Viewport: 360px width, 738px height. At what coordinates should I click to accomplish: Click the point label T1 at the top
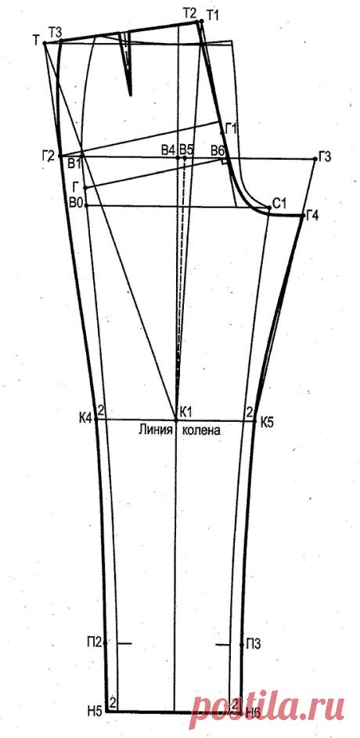213,15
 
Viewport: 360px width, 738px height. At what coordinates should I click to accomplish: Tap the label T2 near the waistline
189,13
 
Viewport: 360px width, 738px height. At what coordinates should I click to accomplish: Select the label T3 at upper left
55,32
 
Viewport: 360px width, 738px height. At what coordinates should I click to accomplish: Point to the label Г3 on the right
326,157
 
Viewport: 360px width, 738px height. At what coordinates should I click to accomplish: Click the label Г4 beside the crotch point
312,216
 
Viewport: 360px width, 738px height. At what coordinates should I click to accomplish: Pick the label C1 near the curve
279,205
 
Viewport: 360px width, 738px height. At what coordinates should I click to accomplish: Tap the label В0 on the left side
76,203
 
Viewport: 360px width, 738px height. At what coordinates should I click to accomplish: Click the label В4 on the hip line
168,149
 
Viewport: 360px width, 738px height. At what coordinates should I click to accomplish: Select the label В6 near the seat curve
218,150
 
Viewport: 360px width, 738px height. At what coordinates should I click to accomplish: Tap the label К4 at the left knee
85,417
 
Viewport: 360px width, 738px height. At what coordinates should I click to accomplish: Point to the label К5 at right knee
267,422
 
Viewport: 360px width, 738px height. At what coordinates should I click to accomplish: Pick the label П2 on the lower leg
93,641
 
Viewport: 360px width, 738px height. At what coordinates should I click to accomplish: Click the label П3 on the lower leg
252,643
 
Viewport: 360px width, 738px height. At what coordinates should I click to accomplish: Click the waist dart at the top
126,63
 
